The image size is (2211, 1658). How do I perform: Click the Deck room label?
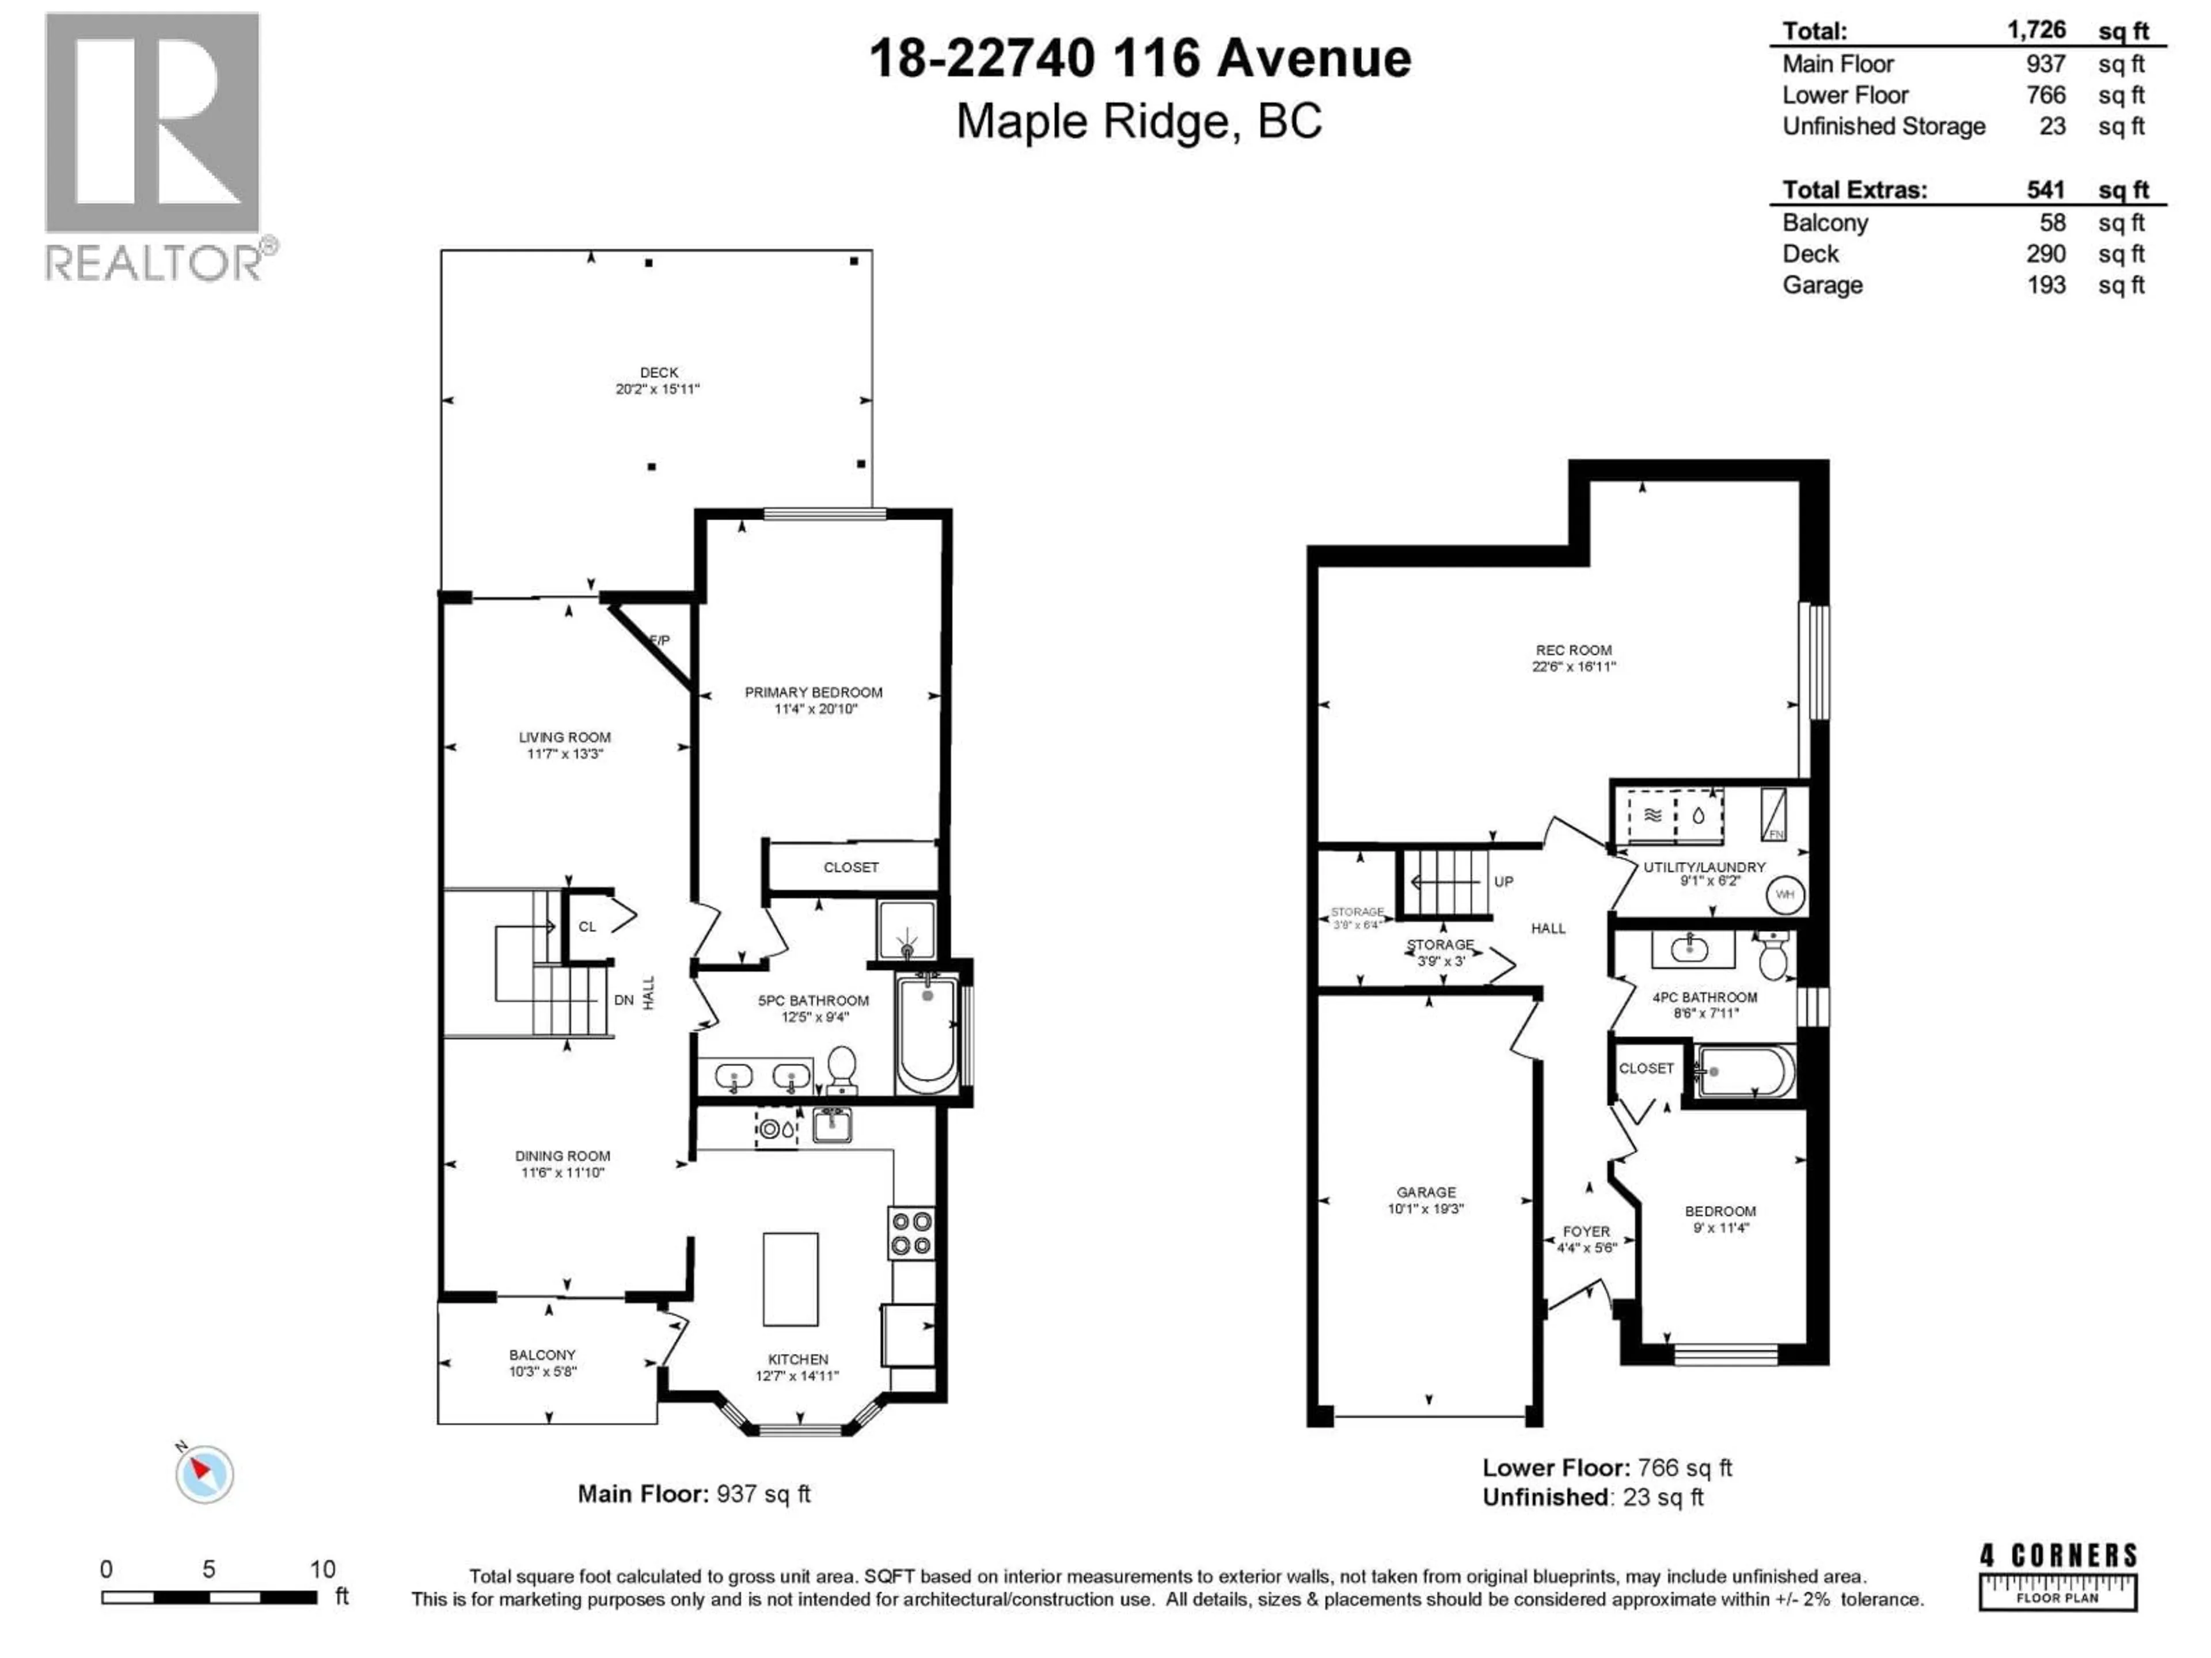coord(659,372)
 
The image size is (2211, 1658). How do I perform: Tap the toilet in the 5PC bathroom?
coord(842,1068)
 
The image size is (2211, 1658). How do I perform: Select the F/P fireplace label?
coord(660,640)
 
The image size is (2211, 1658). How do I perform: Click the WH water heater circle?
coord(1785,895)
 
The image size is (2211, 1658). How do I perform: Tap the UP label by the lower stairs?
coord(1503,881)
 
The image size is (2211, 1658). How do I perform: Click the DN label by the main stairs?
coord(624,999)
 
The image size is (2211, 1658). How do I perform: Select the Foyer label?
coord(1586,1231)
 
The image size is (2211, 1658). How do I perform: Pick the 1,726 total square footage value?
coord(2036,30)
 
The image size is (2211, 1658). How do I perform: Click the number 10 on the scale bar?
coord(322,1569)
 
